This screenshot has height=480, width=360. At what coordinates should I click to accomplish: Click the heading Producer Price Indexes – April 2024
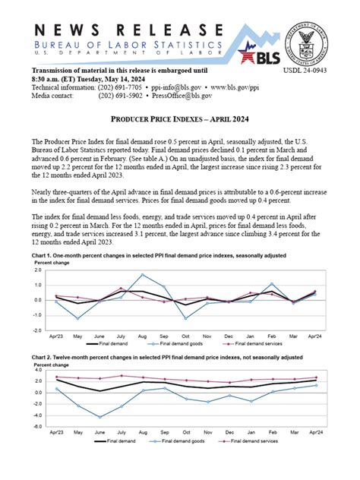179,120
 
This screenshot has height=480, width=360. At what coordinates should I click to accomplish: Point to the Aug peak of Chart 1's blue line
143,275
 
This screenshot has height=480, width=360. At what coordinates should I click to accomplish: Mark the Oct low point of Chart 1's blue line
186,318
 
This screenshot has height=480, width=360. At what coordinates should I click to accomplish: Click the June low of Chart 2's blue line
99,417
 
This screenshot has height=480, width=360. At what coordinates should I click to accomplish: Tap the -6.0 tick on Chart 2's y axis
36,427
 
